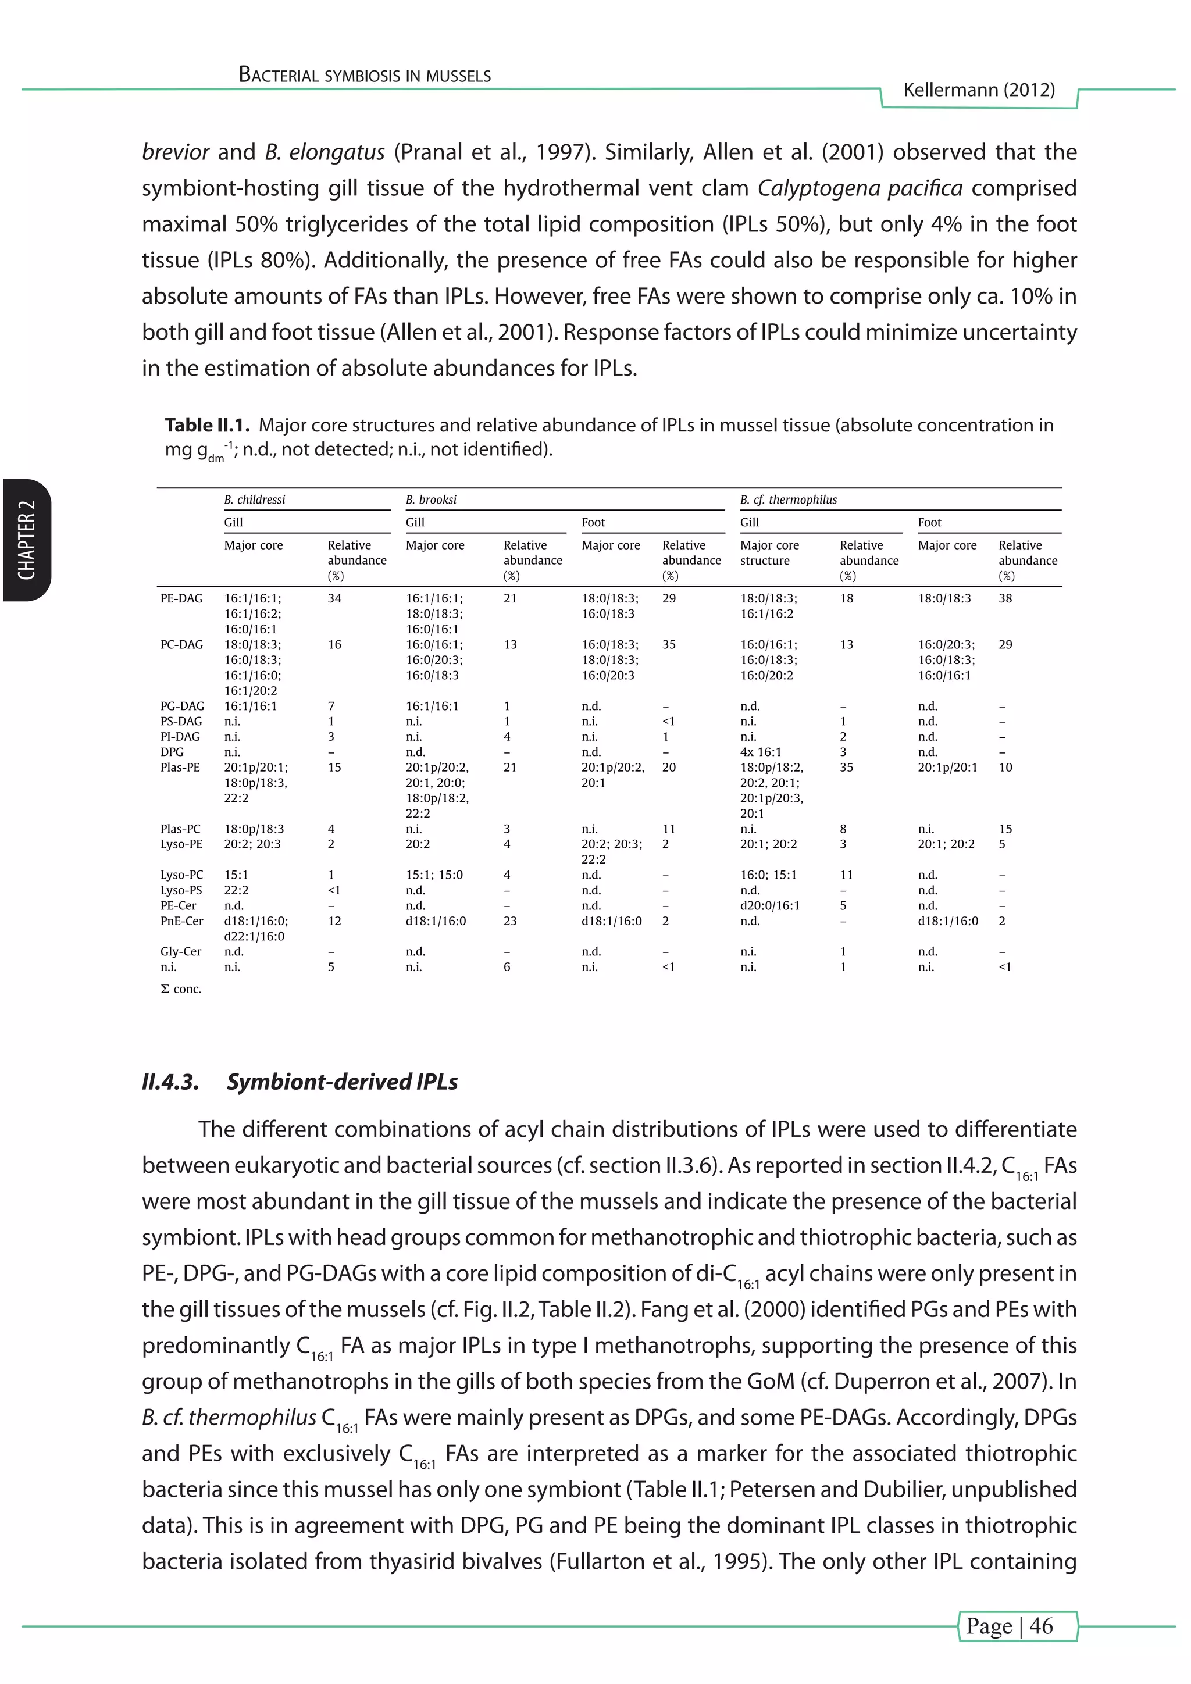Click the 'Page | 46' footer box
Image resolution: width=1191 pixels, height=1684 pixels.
click(x=1017, y=1625)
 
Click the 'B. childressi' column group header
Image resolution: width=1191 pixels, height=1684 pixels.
click(x=255, y=500)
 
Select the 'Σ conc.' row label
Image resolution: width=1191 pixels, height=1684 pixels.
click(x=180, y=989)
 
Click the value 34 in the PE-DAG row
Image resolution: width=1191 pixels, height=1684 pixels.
click(x=334, y=598)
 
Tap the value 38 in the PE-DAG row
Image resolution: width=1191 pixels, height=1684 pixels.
click(x=1005, y=598)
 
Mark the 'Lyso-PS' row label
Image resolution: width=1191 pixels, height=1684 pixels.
click(x=181, y=890)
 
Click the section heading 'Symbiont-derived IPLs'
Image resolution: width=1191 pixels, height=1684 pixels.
click(x=342, y=1082)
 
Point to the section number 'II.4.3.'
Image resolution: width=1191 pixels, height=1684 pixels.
click(x=170, y=1082)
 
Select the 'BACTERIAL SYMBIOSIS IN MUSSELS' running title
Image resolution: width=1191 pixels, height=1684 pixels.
click(x=365, y=76)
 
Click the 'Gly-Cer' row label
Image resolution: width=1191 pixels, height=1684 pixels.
click(x=180, y=952)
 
